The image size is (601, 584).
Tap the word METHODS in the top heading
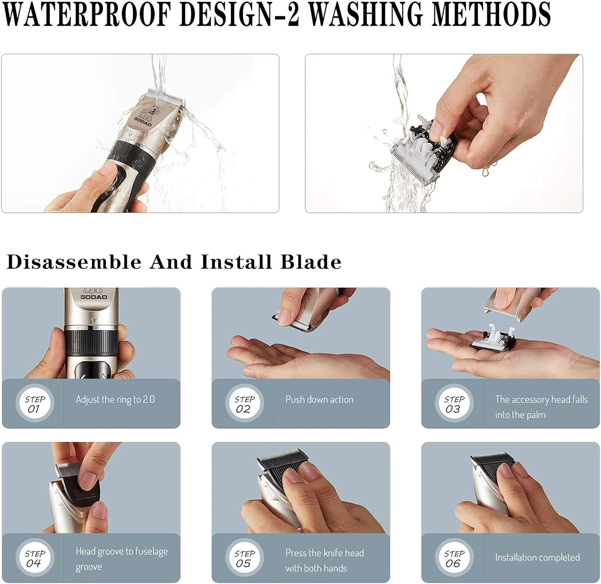point(491,15)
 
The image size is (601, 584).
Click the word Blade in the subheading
point(311,262)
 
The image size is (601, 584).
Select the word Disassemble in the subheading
point(74,262)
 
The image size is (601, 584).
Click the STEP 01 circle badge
point(35,404)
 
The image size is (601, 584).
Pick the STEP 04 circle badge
point(35,558)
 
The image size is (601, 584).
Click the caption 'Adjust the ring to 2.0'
point(115,400)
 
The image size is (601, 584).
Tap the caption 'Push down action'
point(319,400)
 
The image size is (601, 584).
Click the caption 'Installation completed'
point(537,558)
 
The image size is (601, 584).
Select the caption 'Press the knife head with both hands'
point(324,560)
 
